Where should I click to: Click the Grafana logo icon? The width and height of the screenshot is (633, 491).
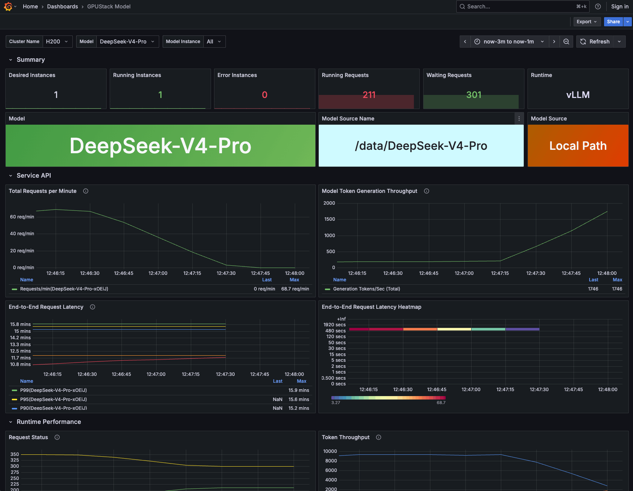8,6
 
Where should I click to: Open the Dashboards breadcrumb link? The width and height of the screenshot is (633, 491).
62,6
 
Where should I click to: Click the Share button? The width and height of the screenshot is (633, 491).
613,22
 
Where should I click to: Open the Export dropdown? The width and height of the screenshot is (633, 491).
587,22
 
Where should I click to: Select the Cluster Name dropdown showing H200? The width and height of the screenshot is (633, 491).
57,42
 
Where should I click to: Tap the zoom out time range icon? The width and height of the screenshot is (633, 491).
566,42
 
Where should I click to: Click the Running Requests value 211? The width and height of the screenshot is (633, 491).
369,95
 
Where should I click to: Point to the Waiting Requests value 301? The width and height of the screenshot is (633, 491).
473,95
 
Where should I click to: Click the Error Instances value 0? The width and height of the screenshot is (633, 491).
264,95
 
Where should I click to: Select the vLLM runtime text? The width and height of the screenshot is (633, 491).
578,95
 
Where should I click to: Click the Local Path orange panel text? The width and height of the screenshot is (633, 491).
578,146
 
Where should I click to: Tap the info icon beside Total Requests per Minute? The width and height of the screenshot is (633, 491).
86,191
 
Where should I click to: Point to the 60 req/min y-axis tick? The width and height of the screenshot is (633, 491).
22,217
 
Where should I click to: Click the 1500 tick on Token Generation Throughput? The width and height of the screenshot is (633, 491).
329,219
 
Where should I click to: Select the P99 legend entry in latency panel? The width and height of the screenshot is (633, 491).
53,390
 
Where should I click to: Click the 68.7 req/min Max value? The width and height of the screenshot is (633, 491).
295,289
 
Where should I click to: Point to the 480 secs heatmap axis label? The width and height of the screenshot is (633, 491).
335,331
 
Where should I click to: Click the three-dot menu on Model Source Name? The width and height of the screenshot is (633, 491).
519,119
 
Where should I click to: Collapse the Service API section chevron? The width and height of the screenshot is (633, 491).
11,175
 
